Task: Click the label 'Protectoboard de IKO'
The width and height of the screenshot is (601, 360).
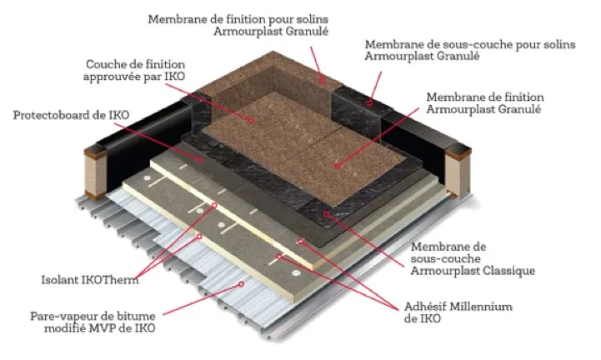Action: coord(57,115)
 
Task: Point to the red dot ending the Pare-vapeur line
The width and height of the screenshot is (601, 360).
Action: coord(243,284)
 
